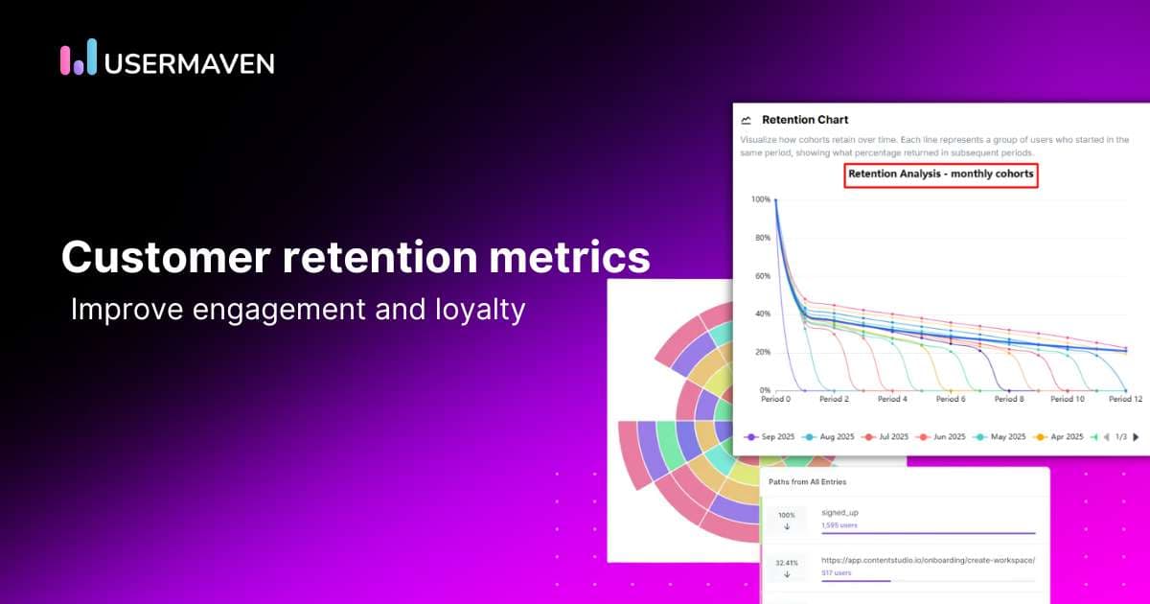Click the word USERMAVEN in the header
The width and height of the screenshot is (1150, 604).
coord(189,63)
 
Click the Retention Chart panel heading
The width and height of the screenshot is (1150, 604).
coord(804,120)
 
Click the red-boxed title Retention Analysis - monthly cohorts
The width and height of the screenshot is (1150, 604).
coord(941,174)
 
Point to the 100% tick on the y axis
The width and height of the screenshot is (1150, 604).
coord(760,199)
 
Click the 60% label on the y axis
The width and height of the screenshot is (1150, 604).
coord(762,276)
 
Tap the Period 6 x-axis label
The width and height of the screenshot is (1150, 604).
coord(949,399)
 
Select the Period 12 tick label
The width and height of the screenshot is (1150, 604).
coord(1124,399)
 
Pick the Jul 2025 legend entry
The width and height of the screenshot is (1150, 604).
coord(887,436)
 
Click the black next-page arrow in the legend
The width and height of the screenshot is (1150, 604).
coord(1136,436)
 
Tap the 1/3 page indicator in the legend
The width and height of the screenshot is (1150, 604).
coord(1120,436)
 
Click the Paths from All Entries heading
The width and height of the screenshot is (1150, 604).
coord(807,481)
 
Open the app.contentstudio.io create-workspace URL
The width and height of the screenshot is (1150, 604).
coord(928,560)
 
